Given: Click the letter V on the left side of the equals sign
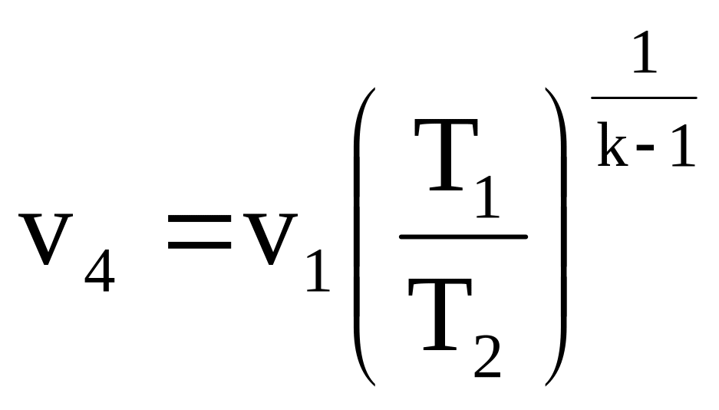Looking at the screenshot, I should tap(46, 239).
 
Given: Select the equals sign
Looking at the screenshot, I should tap(200, 233).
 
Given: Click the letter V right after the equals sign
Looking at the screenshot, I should tap(272, 239).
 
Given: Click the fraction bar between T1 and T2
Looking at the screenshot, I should tap(463, 236).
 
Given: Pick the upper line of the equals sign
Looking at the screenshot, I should tap(200, 221).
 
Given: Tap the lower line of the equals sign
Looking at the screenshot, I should tap(200, 244).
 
